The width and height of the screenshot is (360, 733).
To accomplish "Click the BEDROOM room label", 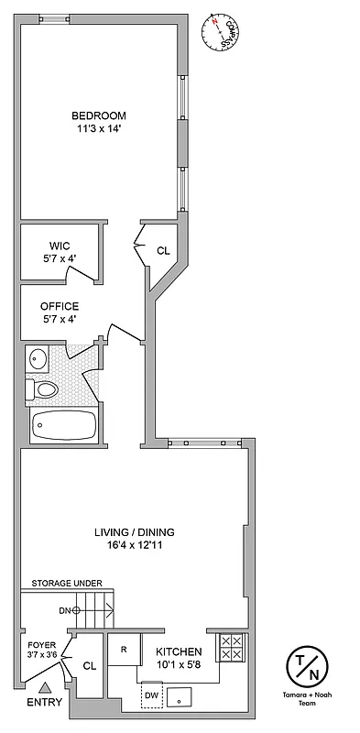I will (x=100, y=115).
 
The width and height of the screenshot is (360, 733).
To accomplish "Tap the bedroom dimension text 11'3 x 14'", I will (x=100, y=129).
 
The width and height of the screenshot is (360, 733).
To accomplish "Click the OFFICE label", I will (x=59, y=306).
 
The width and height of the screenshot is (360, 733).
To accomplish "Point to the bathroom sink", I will (x=38, y=358).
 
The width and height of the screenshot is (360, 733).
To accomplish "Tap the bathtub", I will (x=63, y=425).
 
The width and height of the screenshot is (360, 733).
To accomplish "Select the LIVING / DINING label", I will (x=135, y=532).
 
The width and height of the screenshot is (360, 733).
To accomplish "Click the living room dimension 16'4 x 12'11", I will (x=135, y=546).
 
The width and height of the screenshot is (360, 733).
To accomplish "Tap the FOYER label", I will (x=40, y=644).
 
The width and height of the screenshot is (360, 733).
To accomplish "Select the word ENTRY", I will (x=46, y=703).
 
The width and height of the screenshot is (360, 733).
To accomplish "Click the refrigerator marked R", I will (x=123, y=650).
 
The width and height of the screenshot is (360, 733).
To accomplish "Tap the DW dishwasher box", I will (x=151, y=695).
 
